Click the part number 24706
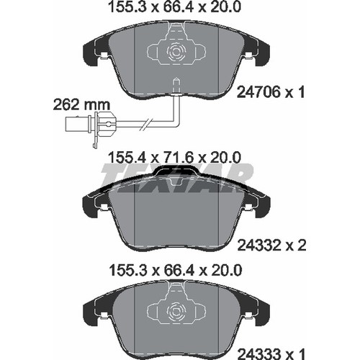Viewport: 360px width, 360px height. (x=258, y=92)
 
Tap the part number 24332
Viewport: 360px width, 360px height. (x=258, y=246)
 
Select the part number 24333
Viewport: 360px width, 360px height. (x=258, y=354)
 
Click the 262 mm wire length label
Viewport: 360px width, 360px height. (x=81, y=105)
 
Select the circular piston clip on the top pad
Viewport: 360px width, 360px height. (x=176, y=52)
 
